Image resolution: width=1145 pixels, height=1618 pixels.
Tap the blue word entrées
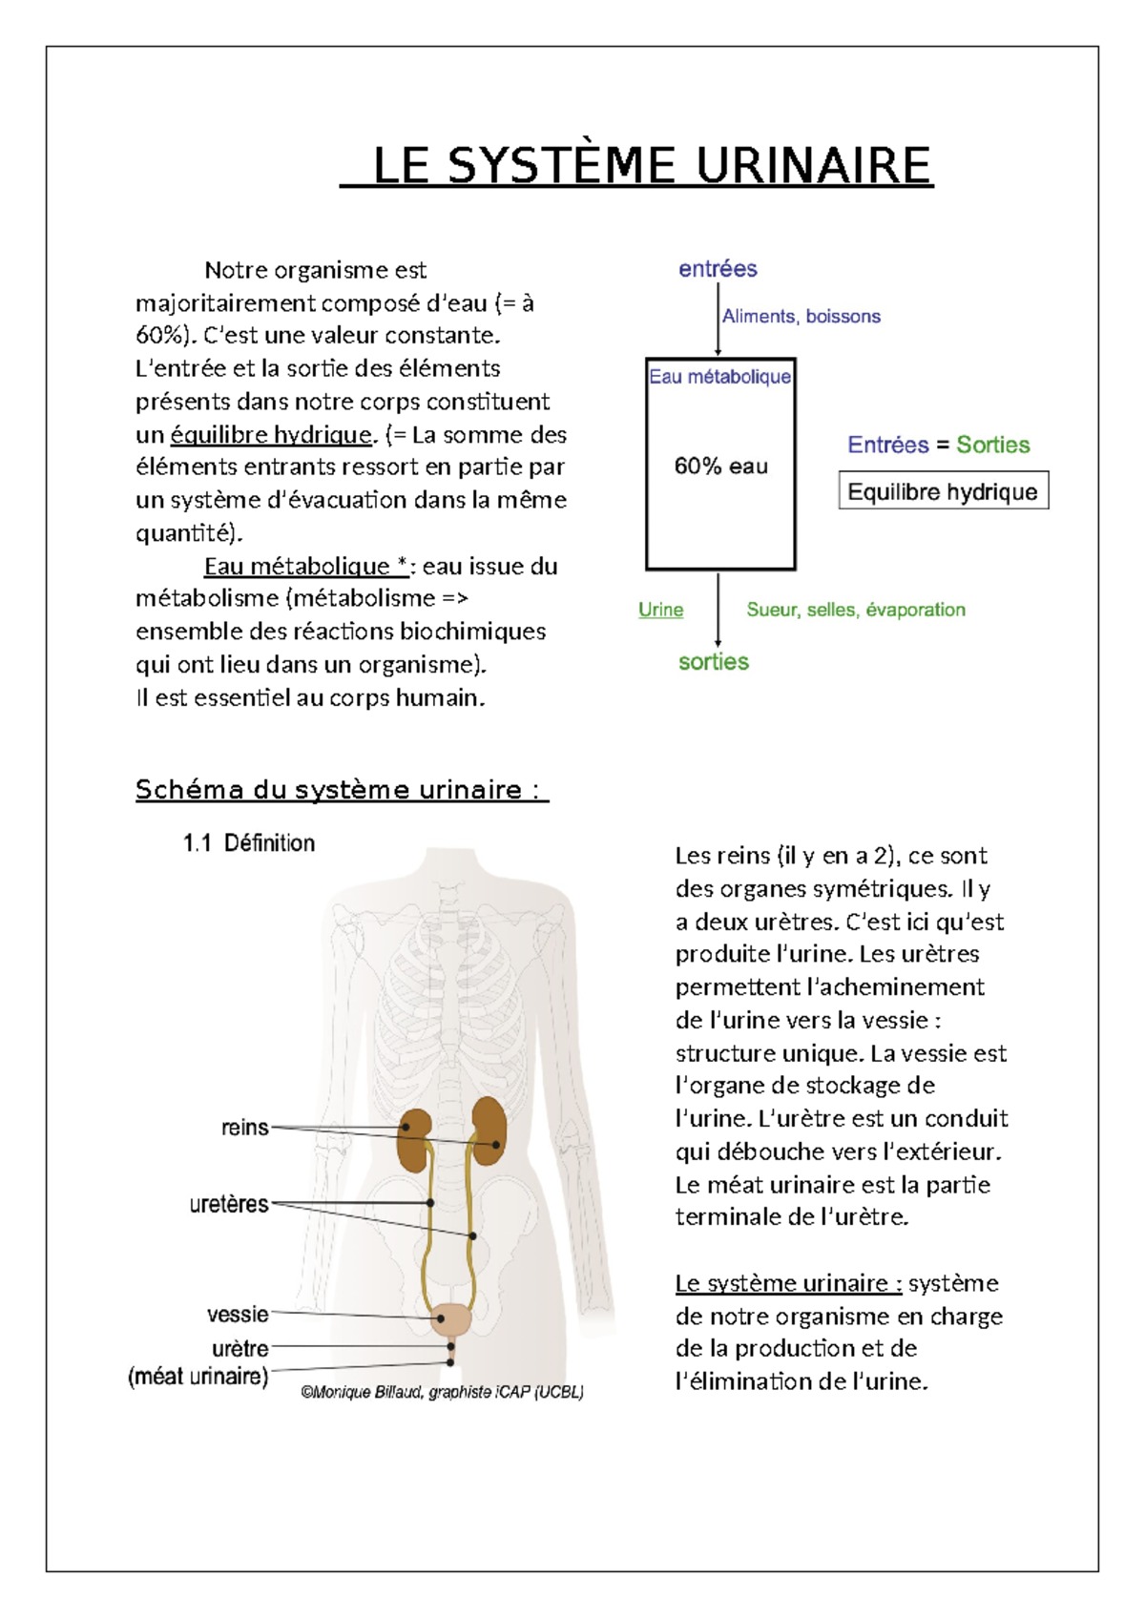pyautogui.click(x=718, y=269)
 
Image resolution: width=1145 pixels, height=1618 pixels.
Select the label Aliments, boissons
pyautogui.click(x=801, y=316)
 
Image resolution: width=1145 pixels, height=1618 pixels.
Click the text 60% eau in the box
pyautogui.click(x=720, y=467)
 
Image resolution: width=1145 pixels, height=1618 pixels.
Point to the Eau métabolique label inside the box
pyautogui.click(x=719, y=377)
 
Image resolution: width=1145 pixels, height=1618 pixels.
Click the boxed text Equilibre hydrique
pyautogui.click(x=943, y=491)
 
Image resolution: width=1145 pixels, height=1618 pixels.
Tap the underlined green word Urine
pyautogui.click(x=660, y=610)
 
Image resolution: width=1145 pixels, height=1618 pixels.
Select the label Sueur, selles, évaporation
pyautogui.click(x=856, y=610)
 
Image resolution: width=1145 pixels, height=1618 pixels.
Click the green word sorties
pyautogui.click(x=713, y=661)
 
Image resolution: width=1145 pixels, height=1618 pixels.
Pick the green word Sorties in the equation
pyautogui.click(x=992, y=445)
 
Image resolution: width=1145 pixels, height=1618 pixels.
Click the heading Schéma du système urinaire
pyautogui.click(x=341, y=790)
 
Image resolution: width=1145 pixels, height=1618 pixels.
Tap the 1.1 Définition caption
pyautogui.click(x=249, y=843)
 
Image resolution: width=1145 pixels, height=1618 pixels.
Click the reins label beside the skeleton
pyautogui.click(x=244, y=1128)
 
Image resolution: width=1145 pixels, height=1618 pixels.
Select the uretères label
pyautogui.click(x=229, y=1204)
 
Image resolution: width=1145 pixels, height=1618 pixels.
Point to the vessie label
pyautogui.click(x=237, y=1314)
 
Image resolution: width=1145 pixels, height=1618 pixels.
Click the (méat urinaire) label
pyautogui.click(x=198, y=1377)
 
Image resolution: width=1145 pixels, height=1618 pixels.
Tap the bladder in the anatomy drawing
pyautogui.click(x=450, y=1319)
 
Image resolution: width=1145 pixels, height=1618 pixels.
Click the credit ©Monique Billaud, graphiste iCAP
pyautogui.click(x=442, y=1392)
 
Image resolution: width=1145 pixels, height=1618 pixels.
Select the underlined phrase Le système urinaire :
pyautogui.click(x=788, y=1283)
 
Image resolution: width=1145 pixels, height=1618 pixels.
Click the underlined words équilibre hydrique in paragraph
pyautogui.click(x=270, y=435)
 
